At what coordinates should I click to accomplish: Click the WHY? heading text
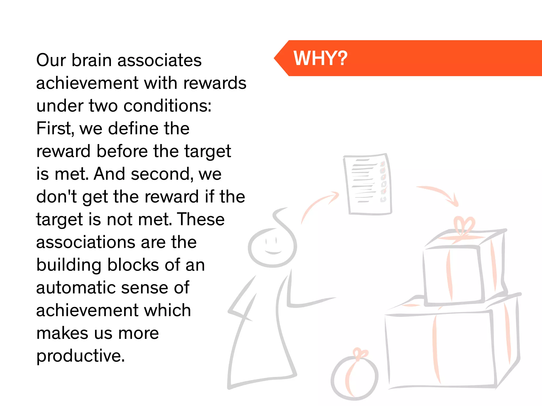pos(320,58)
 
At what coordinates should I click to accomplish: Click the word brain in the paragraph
pos(91,60)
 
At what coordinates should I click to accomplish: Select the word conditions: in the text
pos(168,106)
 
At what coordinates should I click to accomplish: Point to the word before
pos(122,151)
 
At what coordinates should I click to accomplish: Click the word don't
pos(56,197)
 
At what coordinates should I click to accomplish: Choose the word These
pos(201,219)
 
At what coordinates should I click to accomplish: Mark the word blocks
pos(130,265)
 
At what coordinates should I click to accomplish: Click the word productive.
pos(80,356)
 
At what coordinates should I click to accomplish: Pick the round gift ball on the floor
pos(355,378)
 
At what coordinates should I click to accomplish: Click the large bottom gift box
pos(439,349)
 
